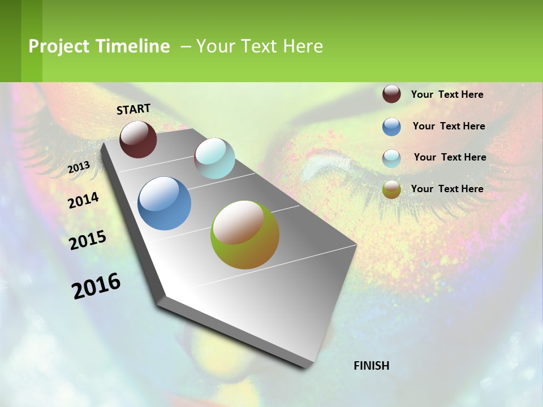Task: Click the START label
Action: [133, 109]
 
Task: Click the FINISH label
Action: [372, 366]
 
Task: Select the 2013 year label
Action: [79, 167]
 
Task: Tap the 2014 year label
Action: [84, 200]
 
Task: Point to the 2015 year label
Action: [88, 240]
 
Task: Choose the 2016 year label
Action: [96, 285]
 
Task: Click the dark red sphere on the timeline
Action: [138, 139]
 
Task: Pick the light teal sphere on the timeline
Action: [214, 158]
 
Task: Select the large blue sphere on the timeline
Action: [165, 203]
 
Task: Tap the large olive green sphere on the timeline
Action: [245, 235]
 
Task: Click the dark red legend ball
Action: [391, 94]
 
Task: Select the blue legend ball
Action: [391, 127]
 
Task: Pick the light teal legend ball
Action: [391, 158]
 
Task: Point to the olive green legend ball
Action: [391, 189]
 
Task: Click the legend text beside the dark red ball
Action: [447, 94]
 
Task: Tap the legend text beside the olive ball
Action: [447, 189]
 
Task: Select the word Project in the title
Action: [59, 46]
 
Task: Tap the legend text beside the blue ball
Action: [449, 126]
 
